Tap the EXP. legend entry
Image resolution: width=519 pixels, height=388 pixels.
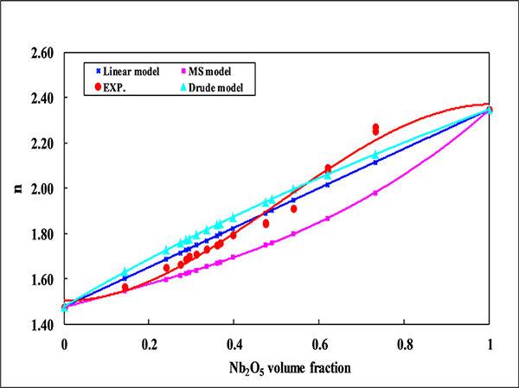[x=119, y=87]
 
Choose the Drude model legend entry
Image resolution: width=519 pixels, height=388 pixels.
[x=216, y=87]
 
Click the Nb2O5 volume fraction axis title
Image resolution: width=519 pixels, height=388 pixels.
[x=277, y=367]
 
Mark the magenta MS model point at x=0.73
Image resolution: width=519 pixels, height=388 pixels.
[x=375, y=193]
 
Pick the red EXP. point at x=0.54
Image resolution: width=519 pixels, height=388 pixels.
[x=294, y=208]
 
